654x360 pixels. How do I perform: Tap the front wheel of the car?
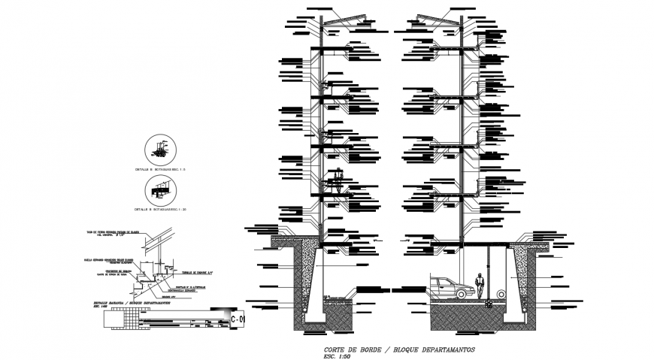[x=466, y=292]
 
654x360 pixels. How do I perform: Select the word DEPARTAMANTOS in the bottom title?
[x=444, y=351]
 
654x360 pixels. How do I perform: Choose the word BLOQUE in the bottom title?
[x=403, y=351]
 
